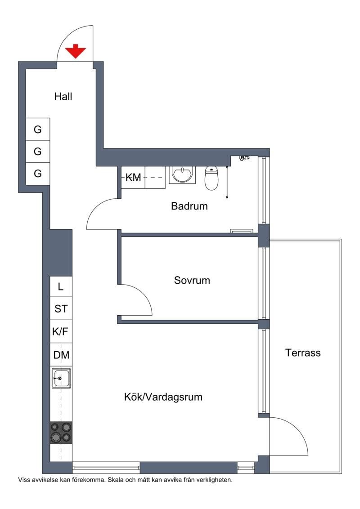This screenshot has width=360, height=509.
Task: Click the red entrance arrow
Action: click(76, 51)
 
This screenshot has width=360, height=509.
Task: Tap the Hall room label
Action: click(63, 96)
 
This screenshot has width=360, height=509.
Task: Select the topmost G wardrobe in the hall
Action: click(38, 129)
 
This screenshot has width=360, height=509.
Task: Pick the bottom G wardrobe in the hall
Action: click(38, 174)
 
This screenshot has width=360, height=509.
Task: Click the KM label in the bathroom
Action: click(133, 177)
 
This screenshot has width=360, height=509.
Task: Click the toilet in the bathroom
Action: click(211, 178)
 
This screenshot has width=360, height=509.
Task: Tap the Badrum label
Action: click(189, 206)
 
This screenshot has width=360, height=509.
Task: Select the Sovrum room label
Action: click(192, 280)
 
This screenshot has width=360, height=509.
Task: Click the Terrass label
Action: click(303, 353)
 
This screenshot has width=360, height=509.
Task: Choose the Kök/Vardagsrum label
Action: click(163, 397)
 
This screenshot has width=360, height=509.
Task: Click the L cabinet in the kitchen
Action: click(61, 286)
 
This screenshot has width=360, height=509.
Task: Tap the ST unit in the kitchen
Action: click(61, 308)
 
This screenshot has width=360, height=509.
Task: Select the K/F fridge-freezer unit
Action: click(61, 331)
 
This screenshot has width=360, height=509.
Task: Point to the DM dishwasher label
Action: click(61, 355)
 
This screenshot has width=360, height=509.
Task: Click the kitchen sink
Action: click(61, 379)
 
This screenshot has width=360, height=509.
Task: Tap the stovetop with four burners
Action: click(61, 433)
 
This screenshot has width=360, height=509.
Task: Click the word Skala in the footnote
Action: click(115, 480)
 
